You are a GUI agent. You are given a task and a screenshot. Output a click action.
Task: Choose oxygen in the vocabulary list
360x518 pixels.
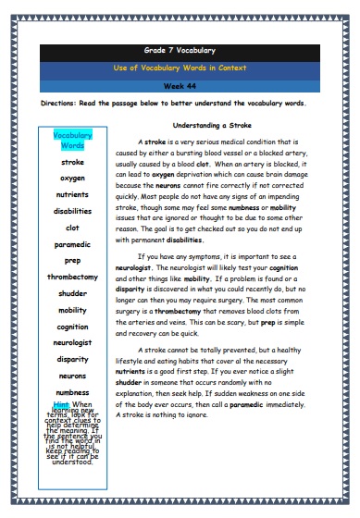point(72,177)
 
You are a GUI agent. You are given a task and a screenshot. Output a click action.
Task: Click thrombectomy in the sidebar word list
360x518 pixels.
point(72,277)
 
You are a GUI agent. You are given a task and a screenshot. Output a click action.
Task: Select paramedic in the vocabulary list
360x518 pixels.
point(72,243)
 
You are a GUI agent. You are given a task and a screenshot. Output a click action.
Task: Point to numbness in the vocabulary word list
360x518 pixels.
point(72,392)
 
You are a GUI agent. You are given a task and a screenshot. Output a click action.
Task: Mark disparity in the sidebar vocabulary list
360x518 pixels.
point(72,359)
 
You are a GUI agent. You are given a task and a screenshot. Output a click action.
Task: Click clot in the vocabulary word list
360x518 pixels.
point(72,227)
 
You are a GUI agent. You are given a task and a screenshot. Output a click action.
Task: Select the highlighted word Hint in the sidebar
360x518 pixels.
point(62,405)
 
